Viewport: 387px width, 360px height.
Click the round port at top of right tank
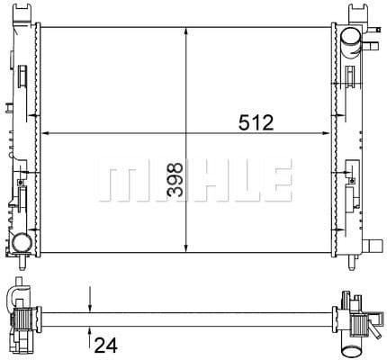(x=350, y=37)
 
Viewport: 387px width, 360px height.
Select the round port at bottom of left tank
(x=23, y=243)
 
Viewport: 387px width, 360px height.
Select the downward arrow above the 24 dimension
(x=89, y=304)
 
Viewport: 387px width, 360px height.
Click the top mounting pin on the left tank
(x=22, y=10)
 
